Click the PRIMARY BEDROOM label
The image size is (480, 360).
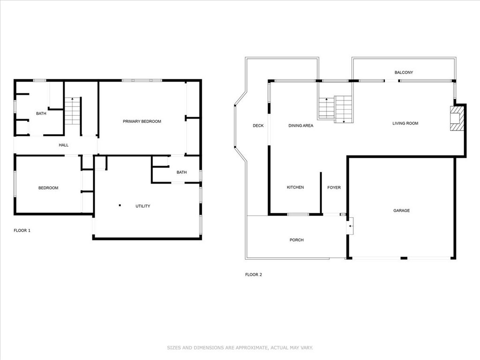click(142, 121)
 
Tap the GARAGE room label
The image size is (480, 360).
click(401, 210)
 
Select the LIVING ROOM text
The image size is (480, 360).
click(405, 123)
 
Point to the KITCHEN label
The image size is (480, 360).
click(295, 187)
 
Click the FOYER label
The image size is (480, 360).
click(334, 187)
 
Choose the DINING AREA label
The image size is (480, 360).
click(300, 126)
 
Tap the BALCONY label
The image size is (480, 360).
click(403, 73)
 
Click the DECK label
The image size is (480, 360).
click(258, 126)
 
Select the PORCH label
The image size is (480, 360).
click(296, 240)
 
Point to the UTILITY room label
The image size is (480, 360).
click(142, 206)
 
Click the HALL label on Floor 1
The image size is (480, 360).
click(63, 145)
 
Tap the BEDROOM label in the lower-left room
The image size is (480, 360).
click(48, 188)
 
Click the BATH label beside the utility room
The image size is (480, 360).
click(181, 172)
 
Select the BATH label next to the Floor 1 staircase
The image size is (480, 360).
click(41, 113)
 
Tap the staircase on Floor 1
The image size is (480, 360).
click(73, 112)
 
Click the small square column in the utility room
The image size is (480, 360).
click(120, 205)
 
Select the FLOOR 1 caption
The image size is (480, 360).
click(22, 231)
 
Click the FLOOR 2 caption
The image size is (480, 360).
click(254, 275)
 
